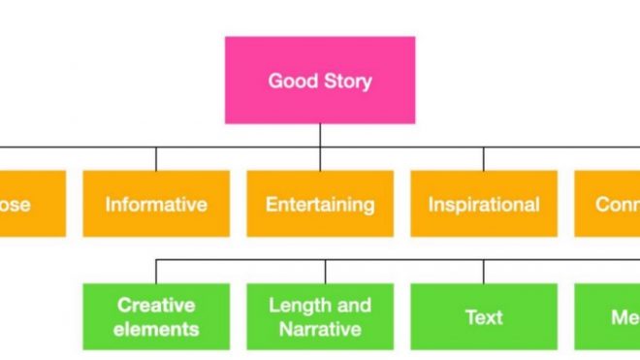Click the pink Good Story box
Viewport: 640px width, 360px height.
[319, 80]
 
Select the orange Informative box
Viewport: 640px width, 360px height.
[156, 204]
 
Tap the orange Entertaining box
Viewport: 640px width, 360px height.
[320, 204]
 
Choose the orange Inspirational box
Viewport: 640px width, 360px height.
[483, 204]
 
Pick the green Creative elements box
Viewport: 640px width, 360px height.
[156, 316]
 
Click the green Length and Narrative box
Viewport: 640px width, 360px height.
[320, 316]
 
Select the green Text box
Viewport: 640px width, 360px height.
[483, 316]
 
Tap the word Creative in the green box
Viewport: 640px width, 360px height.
[156, 306]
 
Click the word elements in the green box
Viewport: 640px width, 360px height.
[156, 328]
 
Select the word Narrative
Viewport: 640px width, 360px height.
[320, 328]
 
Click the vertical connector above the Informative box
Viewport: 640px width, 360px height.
[156, 159]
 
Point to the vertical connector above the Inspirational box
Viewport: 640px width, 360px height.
[483, 159]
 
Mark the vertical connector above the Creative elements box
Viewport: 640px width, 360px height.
[156, 271]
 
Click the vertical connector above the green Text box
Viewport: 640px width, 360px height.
[483, 271]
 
